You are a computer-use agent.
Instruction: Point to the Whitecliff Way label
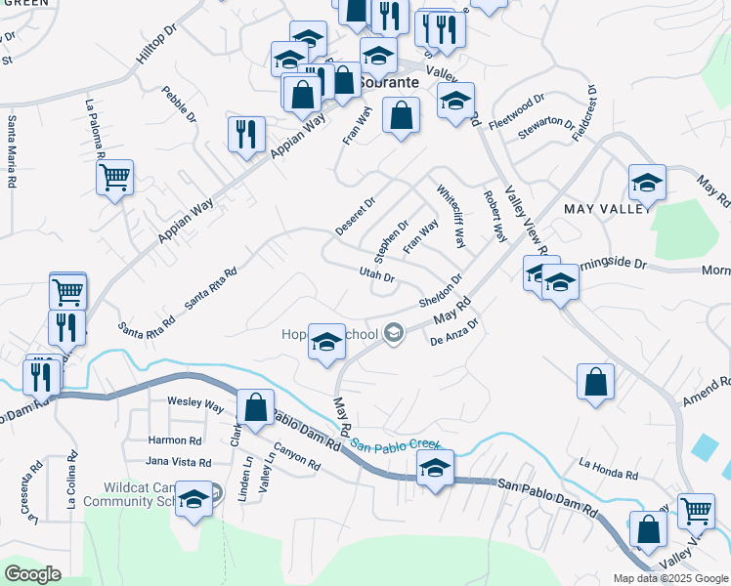451,216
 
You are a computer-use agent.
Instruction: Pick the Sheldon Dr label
441,290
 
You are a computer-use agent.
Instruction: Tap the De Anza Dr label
452,333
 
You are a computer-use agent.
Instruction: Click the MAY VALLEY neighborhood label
606,208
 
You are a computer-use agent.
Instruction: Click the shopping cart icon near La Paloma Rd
114,178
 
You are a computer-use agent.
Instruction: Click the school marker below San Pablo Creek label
436,468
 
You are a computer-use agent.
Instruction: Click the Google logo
32,574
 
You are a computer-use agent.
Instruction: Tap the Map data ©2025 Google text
669,578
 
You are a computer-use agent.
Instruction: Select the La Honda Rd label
607,468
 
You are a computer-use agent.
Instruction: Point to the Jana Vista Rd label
178,462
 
